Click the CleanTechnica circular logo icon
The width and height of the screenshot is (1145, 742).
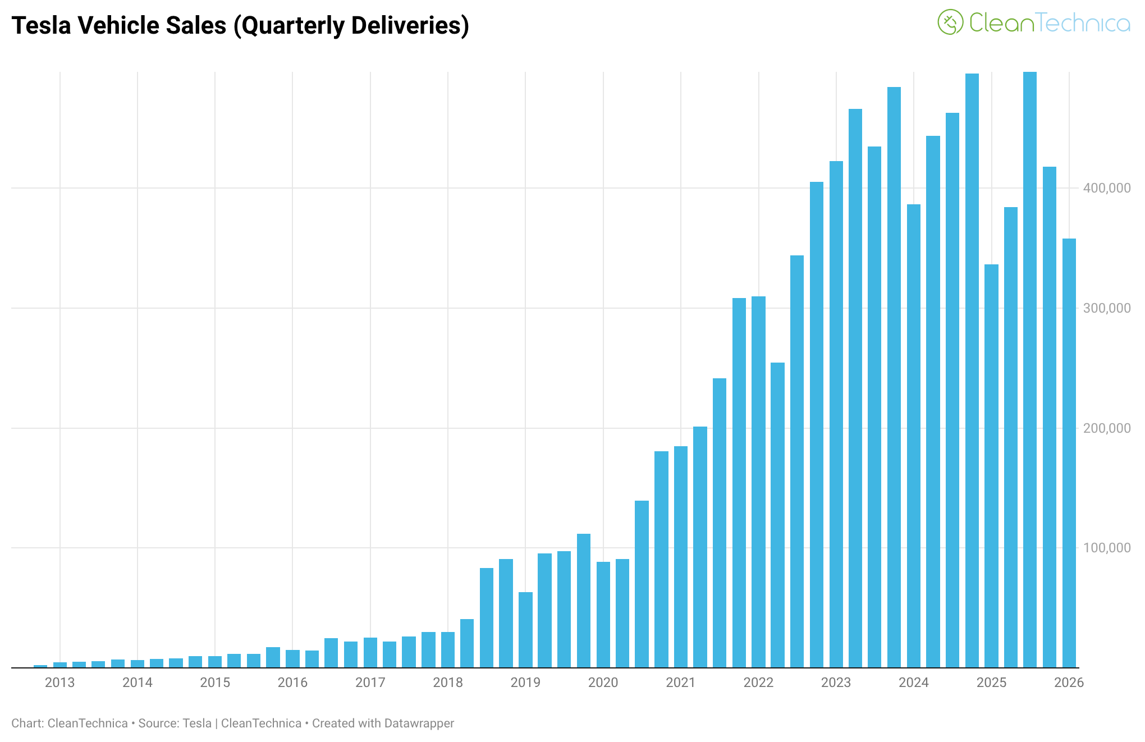950,22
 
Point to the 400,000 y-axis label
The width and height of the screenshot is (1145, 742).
1107,188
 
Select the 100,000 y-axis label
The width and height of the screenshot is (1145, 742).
1107,548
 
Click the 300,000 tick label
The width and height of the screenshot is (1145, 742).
1107,308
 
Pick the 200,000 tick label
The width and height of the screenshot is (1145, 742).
1107,428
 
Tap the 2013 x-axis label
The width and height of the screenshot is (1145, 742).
60,683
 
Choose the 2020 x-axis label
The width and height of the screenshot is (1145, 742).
603,683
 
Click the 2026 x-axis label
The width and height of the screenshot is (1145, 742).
1069,683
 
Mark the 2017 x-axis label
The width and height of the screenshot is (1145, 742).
370,683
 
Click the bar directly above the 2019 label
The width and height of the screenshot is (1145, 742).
525,630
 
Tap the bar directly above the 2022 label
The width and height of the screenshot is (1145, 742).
759,482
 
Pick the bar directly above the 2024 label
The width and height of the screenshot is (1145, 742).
914,436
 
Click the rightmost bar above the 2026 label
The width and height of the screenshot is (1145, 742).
1069,453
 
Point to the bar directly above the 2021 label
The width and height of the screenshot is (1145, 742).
681,557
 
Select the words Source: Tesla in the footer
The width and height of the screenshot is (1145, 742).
175,723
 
